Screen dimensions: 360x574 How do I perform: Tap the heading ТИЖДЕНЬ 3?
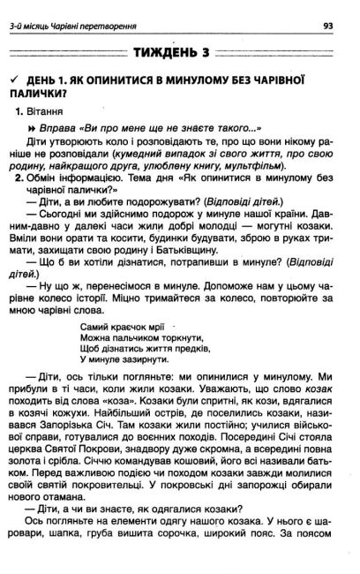click(x=178, y=54)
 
